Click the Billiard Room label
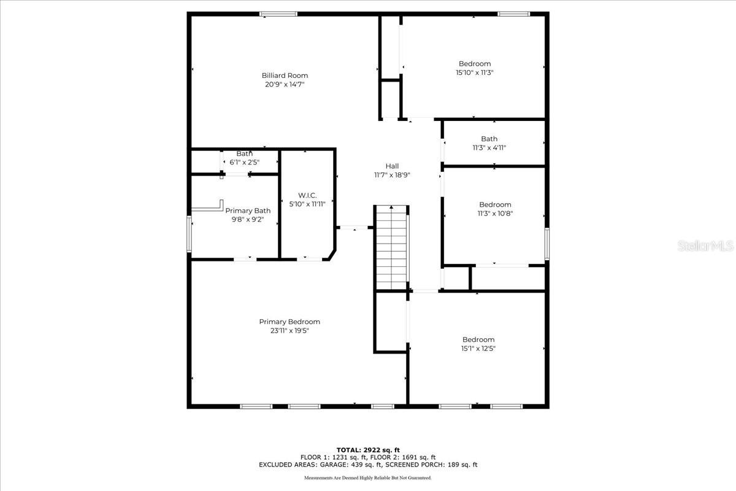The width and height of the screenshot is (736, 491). (285, 75)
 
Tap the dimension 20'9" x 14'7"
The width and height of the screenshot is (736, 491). (285, 85)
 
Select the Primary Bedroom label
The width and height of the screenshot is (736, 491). (289, 322)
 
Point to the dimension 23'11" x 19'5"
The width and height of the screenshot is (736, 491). (289, 331)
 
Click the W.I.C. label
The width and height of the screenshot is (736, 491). (307, 195)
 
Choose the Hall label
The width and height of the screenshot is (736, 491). (392, 166)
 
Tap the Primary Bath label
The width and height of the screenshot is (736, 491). (248, 211)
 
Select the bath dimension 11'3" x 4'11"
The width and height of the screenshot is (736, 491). (489, 147)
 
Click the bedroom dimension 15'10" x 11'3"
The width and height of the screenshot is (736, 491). (475, 72)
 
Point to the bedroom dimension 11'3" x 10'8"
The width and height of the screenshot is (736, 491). (495, 214)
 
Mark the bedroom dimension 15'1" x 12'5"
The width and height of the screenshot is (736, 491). (478, 349)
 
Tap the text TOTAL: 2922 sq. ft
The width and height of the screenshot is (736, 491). (368, 450)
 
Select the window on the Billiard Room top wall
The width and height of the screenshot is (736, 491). (278, 14)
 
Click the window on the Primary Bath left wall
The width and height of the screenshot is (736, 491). (190, 233)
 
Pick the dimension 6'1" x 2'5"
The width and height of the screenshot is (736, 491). (245, 163)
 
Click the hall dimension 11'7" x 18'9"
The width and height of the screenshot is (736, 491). (392, 175)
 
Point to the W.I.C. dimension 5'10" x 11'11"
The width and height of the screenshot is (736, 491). (307, 204)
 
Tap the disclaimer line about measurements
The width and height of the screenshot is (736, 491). (368, 477)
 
